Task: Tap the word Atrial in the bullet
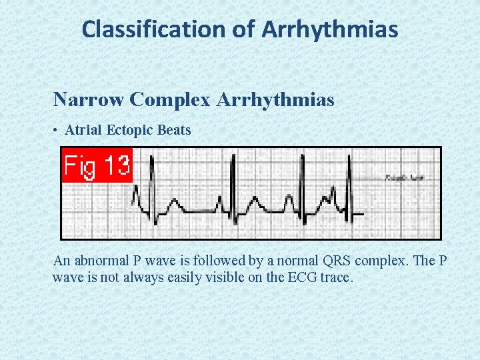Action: pos(83,131)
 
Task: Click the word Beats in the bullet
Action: pos(174,131)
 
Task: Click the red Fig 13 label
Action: pos(97,165)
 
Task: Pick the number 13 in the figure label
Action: pos(115,165)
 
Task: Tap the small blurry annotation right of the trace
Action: pos(404,178)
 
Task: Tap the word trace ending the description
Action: pos(334,276)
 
